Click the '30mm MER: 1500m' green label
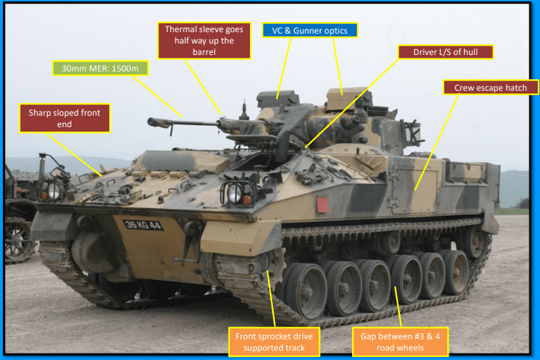pyautogui.click(x=100, y=68)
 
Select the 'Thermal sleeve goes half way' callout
pyautogui.click(x=204, y=41)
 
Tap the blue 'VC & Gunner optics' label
pyautogui.click(x=309, y=30)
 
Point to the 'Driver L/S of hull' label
pyautogui.click(x=446, y=52)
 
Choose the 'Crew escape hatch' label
pyautogui.click(x=491, y=88)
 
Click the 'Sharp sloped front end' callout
pyautogui.click(x=64, y=118)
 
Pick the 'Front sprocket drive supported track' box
pyautogui.click(x=274, y=341)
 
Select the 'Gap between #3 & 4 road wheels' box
pyautogui.click(x=400, y=341)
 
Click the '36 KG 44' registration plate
pyautogui.click(x=143, y=225)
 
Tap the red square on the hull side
pyautogui.click(x=322, y=204)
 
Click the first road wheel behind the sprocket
pyautogui.click(x=306, y=291)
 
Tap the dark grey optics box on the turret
pyautogui.click(x=277, y=99)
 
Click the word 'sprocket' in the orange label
pyautogui.click(x=274, y=336)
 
